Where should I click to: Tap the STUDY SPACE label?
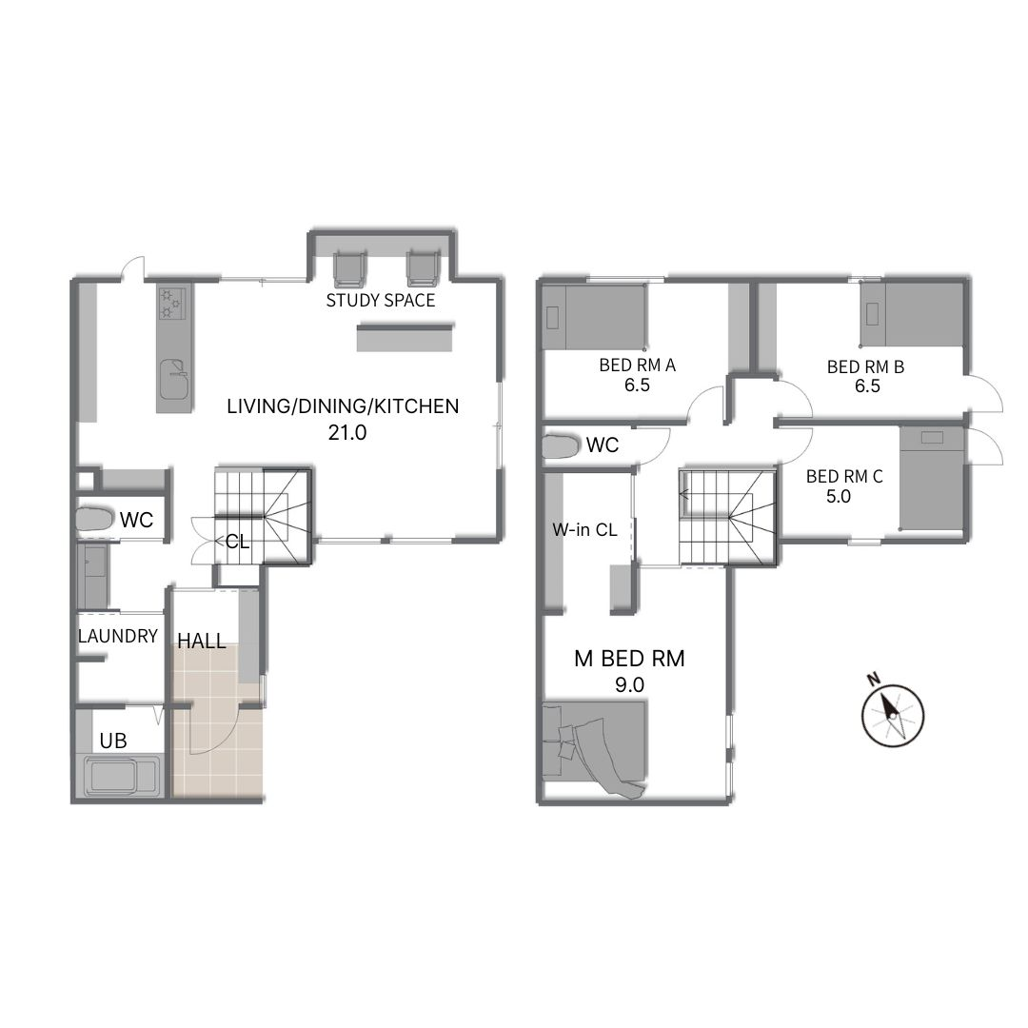(x=381, y=300)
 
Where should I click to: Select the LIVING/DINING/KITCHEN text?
(x=343, y=406)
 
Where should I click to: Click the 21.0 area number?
(x=347, y=433)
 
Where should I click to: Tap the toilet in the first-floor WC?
(x=94, y=520)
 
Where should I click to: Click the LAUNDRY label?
(x=118, y=636)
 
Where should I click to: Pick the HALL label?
(x=202, y=641)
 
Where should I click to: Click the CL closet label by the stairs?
(x=237, y=542)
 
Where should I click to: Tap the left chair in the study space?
(x=349, y=269)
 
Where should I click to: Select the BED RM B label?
(x=865, y=367)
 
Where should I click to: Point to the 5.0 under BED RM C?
(x=839, y=496)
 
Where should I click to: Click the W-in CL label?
(x=584, y=530)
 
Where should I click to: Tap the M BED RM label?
(x=629, y=659)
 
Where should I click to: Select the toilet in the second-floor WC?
(x=562, y=445)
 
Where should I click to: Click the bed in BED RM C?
(x=932, y=479)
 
